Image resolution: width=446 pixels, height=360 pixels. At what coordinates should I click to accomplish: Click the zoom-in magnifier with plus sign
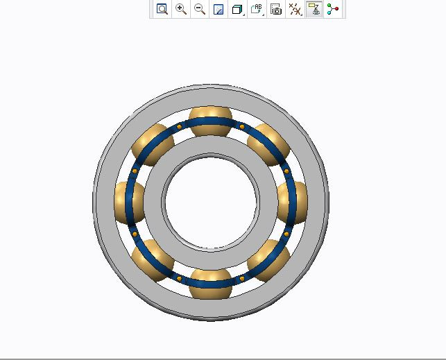(x=181, y=9)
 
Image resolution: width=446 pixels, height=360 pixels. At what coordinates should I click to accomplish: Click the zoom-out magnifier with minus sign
(x=200, y=9)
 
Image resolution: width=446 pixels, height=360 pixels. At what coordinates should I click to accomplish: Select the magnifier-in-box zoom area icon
(x=162, y=9)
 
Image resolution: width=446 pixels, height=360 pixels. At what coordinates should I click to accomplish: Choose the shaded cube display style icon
(x=237, y=9)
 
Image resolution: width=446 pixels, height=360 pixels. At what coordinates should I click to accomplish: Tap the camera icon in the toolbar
(x=276, y=9)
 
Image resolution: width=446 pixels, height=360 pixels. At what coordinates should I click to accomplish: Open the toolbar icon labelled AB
(x=257, y=9)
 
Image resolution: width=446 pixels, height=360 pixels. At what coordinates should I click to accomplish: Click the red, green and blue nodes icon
(x=333, y=9)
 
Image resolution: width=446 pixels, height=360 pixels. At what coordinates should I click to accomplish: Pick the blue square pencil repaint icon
(x=218, y=9)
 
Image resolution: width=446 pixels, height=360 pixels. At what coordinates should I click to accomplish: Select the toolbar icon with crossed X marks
(x=295, y=9)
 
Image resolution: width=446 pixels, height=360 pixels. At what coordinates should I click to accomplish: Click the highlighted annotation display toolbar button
(x=314, y=9)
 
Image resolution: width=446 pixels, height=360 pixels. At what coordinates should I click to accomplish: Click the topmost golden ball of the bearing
(x=210, y=118)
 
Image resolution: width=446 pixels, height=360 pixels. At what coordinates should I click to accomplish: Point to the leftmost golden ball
(x=128, y=201)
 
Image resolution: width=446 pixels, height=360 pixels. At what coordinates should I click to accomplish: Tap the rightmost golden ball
(x=293, y=201)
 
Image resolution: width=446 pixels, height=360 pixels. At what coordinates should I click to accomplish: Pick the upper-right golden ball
(x=269, y=142)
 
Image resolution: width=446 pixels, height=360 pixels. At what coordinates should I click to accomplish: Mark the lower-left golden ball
(x=151, y=261)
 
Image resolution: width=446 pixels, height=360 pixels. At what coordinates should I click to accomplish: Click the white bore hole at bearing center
(x=211, y=202)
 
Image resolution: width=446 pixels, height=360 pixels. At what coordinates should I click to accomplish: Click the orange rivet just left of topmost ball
(x=180, y=127)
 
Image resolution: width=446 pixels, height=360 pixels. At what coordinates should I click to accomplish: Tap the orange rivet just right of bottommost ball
(x=242, y=278)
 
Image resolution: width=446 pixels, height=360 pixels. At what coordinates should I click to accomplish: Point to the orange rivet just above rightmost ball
(x=286, y=171)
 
